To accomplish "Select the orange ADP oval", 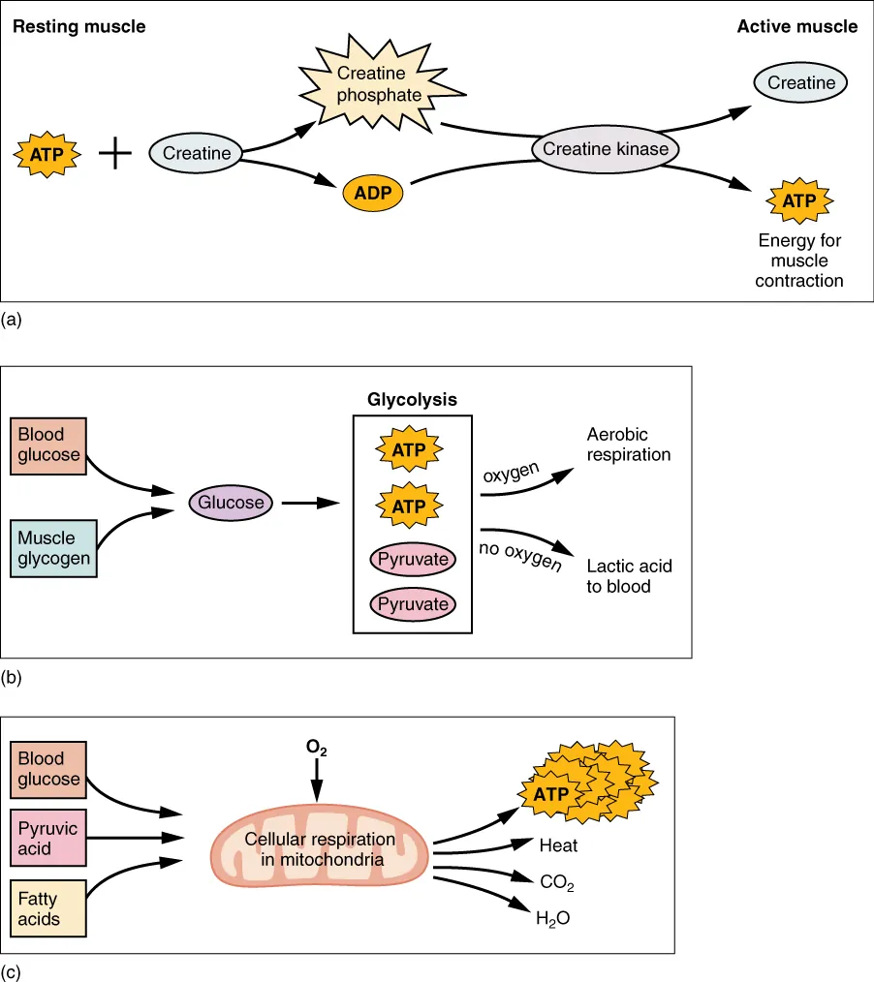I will tap(372, 193).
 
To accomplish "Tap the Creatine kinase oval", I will tap(606, 149).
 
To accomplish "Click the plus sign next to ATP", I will tap(115, 153).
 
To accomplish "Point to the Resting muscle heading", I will tap(78, 26).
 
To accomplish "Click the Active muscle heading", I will tap(796, 26).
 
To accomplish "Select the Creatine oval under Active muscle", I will tap(800, 83).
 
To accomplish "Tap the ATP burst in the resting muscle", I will tap(47, 153).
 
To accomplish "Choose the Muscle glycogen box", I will tap(54, 549).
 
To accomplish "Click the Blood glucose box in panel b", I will tap(48, 445).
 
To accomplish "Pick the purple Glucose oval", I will tap(231, 503).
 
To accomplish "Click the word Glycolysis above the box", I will tap(412, 399).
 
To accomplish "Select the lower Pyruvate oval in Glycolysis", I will tap(413, 604).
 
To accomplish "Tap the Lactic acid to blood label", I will tap(629, 576).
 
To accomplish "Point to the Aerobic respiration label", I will tap(628, 445).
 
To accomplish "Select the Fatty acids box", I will tap(48, 909).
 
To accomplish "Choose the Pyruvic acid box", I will tap(48, 839).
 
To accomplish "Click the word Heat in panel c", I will tap(558, 845).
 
